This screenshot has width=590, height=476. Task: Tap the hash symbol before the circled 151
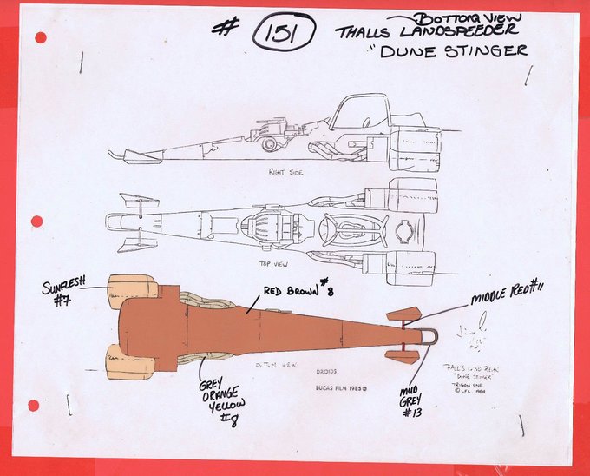coord(226,28)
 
